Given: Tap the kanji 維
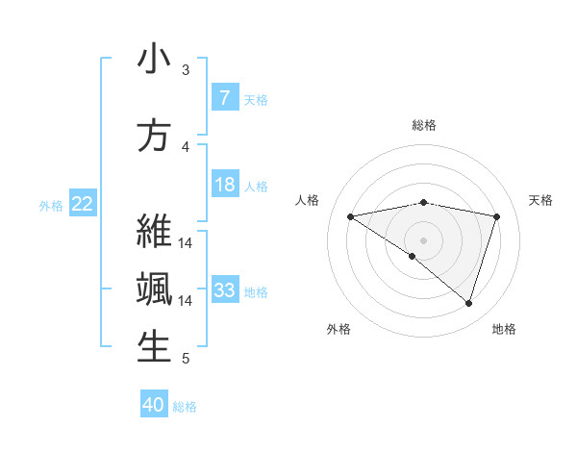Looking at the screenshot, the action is [x=154, y=232].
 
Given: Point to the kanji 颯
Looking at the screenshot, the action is [x=154, y=289].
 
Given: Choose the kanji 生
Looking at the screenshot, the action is [x=154, y=347].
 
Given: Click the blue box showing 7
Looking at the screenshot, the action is [x=224, y=98].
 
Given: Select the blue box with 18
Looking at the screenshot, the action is [x=224, y=185].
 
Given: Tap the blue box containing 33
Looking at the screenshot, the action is [x=224, y=290].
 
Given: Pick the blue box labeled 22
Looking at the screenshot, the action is [x=83, y=203].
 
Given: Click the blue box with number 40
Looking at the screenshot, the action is [x=154, y=405].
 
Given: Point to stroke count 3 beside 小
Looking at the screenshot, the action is [x=186, y=69].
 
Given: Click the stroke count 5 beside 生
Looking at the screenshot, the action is [x=186, y=359].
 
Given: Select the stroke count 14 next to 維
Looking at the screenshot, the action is [x=186, y=241].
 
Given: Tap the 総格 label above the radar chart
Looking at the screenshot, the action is [x=423, y=125].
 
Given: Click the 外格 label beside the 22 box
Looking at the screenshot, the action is [x=51, y=205].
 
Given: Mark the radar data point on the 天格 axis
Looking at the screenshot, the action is [x=497, y=216].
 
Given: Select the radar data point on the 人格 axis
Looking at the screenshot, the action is [x=350, y=216].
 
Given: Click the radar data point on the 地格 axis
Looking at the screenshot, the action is [x=468, y=303].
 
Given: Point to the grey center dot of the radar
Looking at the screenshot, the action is [x=423, y=239].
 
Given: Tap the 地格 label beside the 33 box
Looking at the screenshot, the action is [x=256, y=291].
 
